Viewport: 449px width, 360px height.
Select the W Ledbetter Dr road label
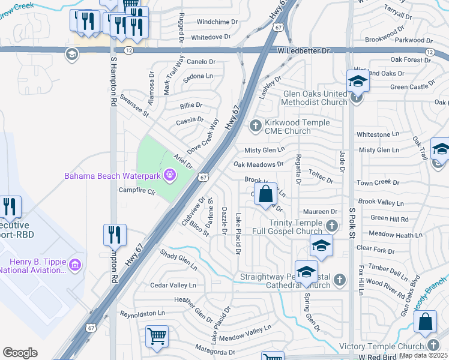(304, 52)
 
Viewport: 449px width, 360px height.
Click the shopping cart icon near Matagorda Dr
(157, 337)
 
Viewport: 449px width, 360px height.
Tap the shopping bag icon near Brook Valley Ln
(265, 194)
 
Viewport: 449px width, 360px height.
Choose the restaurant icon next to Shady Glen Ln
(115, 235)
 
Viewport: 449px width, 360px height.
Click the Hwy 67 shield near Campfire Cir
(204, 178)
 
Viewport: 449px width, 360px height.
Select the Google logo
(20, 352)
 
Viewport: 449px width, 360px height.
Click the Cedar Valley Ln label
(173, 286)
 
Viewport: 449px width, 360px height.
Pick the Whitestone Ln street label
(378, 134)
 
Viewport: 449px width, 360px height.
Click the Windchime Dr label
(214, 22)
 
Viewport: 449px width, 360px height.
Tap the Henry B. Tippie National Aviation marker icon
(75, 265)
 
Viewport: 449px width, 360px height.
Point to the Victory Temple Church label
(381, 346)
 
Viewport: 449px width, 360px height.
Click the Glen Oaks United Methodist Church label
(307, 98)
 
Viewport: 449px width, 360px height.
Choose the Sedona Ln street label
(198, 77)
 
